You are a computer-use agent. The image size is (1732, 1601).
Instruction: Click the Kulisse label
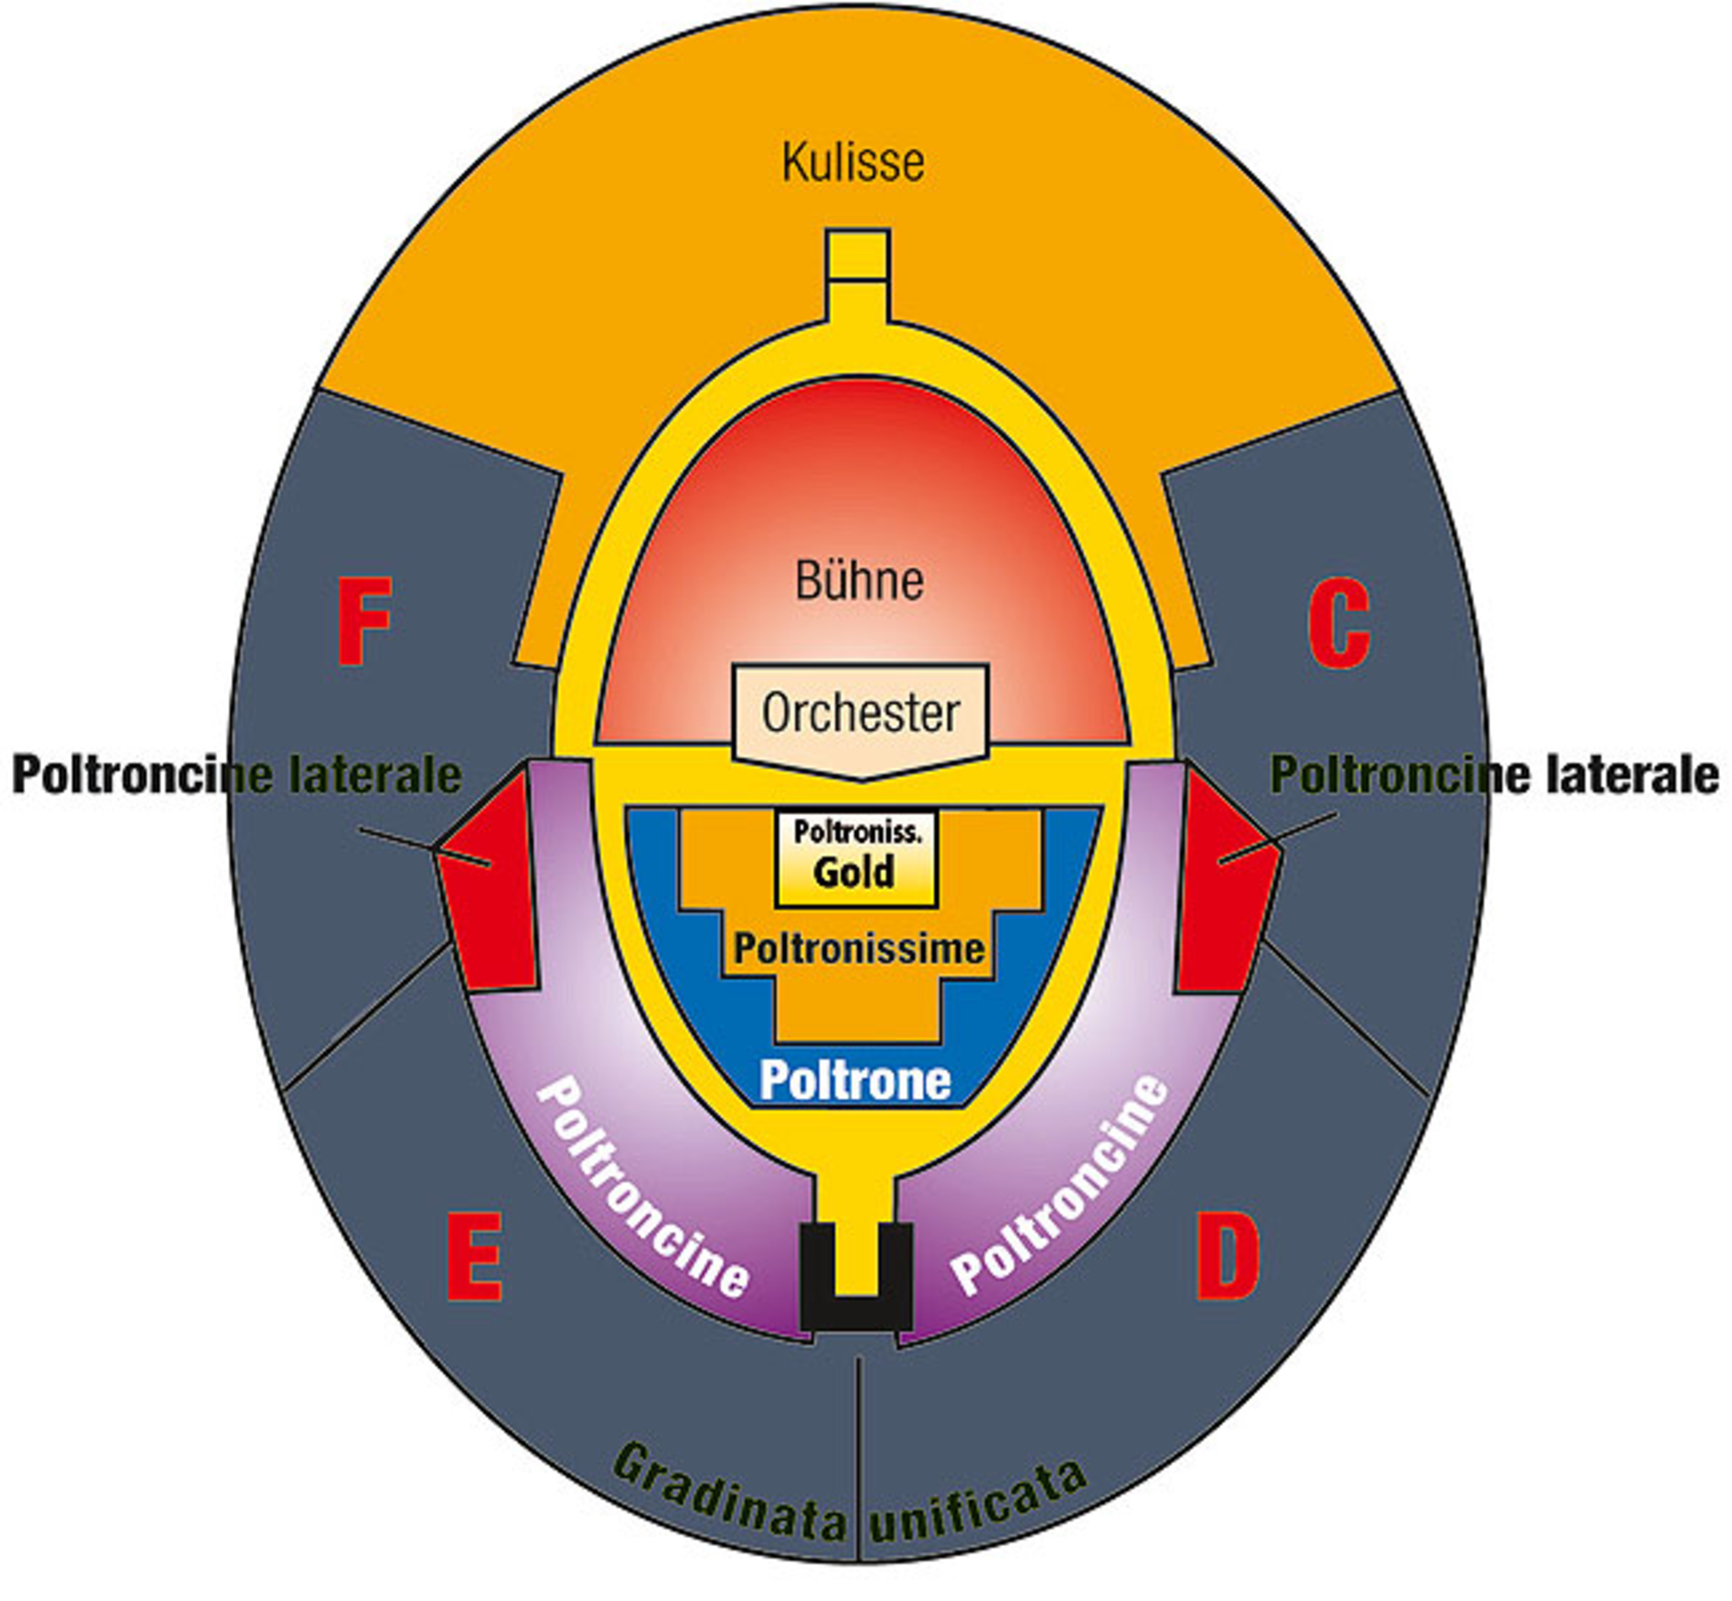click(x=852, y=162)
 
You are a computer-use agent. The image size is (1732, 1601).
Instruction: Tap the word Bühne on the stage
click(x=858, y=580)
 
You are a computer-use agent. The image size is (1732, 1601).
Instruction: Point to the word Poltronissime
click(x=858, y=949)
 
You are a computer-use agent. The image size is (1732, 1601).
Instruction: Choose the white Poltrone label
click(x=855, y=1080)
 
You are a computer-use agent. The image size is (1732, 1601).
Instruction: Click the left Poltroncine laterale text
click(x=236, y=775)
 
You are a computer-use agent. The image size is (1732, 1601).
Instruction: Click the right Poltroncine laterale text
click(x=1494, y=775)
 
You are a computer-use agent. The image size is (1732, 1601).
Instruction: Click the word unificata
click(x=978, y=1503)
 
